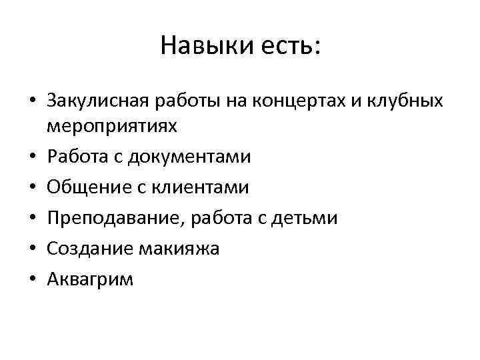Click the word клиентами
[x=199, y=187]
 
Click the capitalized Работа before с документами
[x=76, y=157]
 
